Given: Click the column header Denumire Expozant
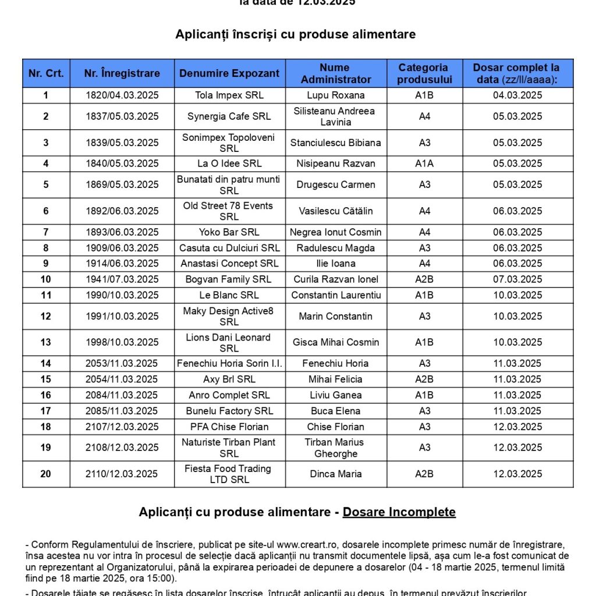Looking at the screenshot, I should tap(229, 73).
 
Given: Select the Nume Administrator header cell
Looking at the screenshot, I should tap(336, 73).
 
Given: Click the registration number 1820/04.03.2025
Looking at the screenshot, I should tap(122, 95).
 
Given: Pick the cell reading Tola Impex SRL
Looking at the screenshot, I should tap(229, 95).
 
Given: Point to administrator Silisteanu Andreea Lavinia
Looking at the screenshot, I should tap(336, 116).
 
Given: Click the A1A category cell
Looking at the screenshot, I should tap(424, 164).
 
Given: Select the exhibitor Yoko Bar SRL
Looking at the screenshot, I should tap(229, 232).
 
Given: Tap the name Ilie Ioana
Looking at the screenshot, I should tap(336, 263).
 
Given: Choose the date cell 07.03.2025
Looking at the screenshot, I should tap(517, 279).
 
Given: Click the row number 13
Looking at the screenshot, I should tap(46, 342).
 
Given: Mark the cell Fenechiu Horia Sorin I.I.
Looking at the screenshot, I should tap(229, 364).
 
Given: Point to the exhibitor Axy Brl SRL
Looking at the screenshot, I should tap(229, 379).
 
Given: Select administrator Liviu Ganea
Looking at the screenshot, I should tap(336, 395).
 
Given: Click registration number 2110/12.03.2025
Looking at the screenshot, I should tap(122, 474).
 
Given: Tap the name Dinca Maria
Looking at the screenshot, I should tap(336, 474).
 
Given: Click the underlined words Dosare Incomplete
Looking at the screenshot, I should tap(399, 512).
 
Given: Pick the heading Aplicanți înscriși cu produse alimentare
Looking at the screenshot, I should tap(296, 34).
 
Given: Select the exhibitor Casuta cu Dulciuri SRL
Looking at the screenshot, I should tap(229, 248).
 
